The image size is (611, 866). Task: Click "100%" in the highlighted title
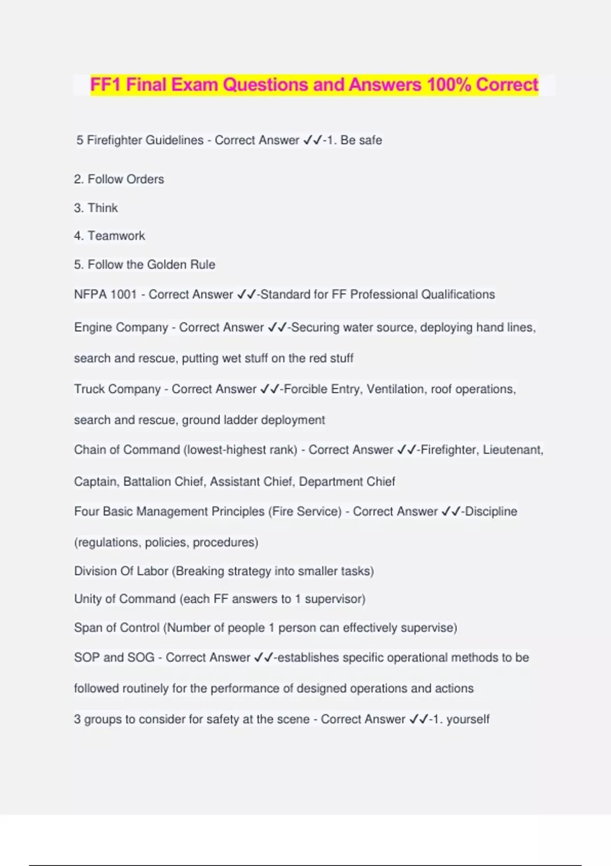click(449, 85)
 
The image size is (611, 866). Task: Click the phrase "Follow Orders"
click(125, 179)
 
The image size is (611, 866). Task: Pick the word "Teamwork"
click(116, 236)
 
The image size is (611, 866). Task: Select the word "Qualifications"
click(458, 294)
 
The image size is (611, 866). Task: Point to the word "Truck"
click(89, 389)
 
